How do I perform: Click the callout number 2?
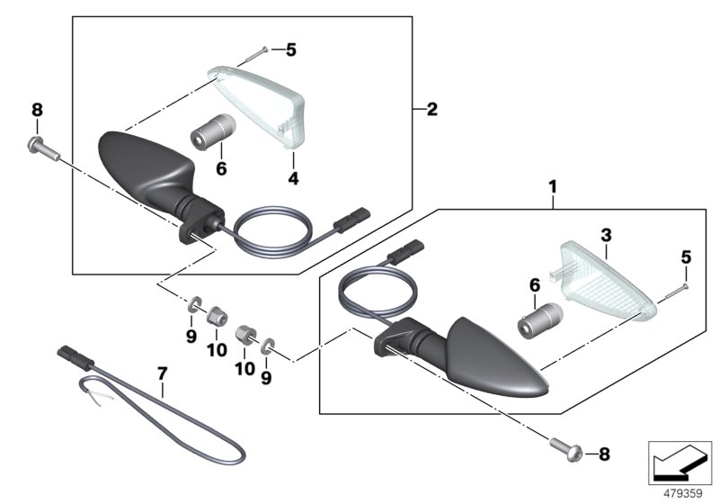click(431, 110)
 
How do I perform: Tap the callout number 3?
click(606, 233)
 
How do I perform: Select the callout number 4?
click(292, 178)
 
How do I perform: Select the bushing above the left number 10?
click(216, 316)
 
